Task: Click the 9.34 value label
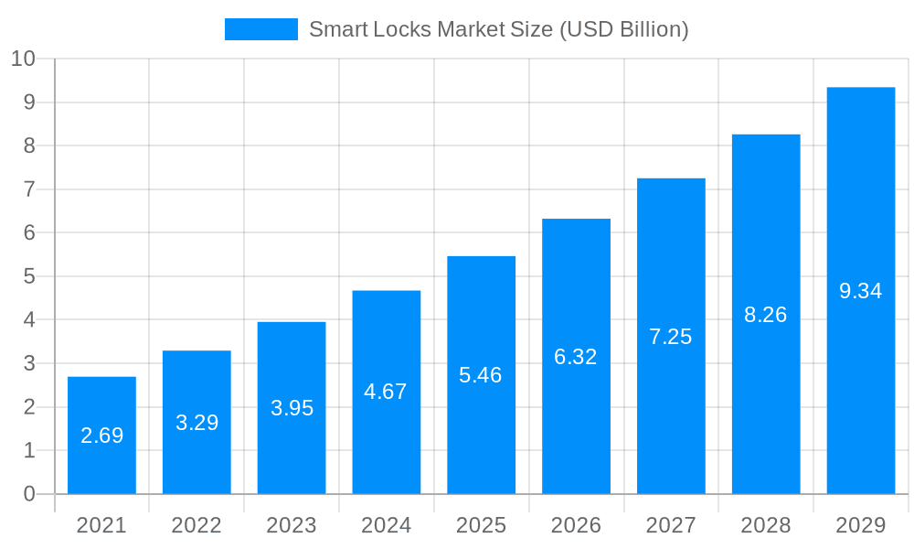click(x=861, y=291)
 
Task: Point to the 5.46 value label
click(x=481, y=375)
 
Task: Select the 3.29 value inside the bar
click(x=197, y=423)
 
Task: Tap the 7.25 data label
click(x=671, y=337)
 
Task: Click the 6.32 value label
click(x=576, y=357)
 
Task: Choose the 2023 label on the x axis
click(x=292, y=525)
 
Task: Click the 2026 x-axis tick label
click(x=576, y=525)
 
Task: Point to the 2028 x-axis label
click(x=766, y=525)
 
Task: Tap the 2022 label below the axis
click(x=197, y=525)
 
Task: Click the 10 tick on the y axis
click(x=23, y=59)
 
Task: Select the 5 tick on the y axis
click(x=29, y=276)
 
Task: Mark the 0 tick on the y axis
click(x=29, y=494)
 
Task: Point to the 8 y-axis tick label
click(x=29, y=145)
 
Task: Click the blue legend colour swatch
click(x=261, y=29)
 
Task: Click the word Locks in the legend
click(x=402, y=29)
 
